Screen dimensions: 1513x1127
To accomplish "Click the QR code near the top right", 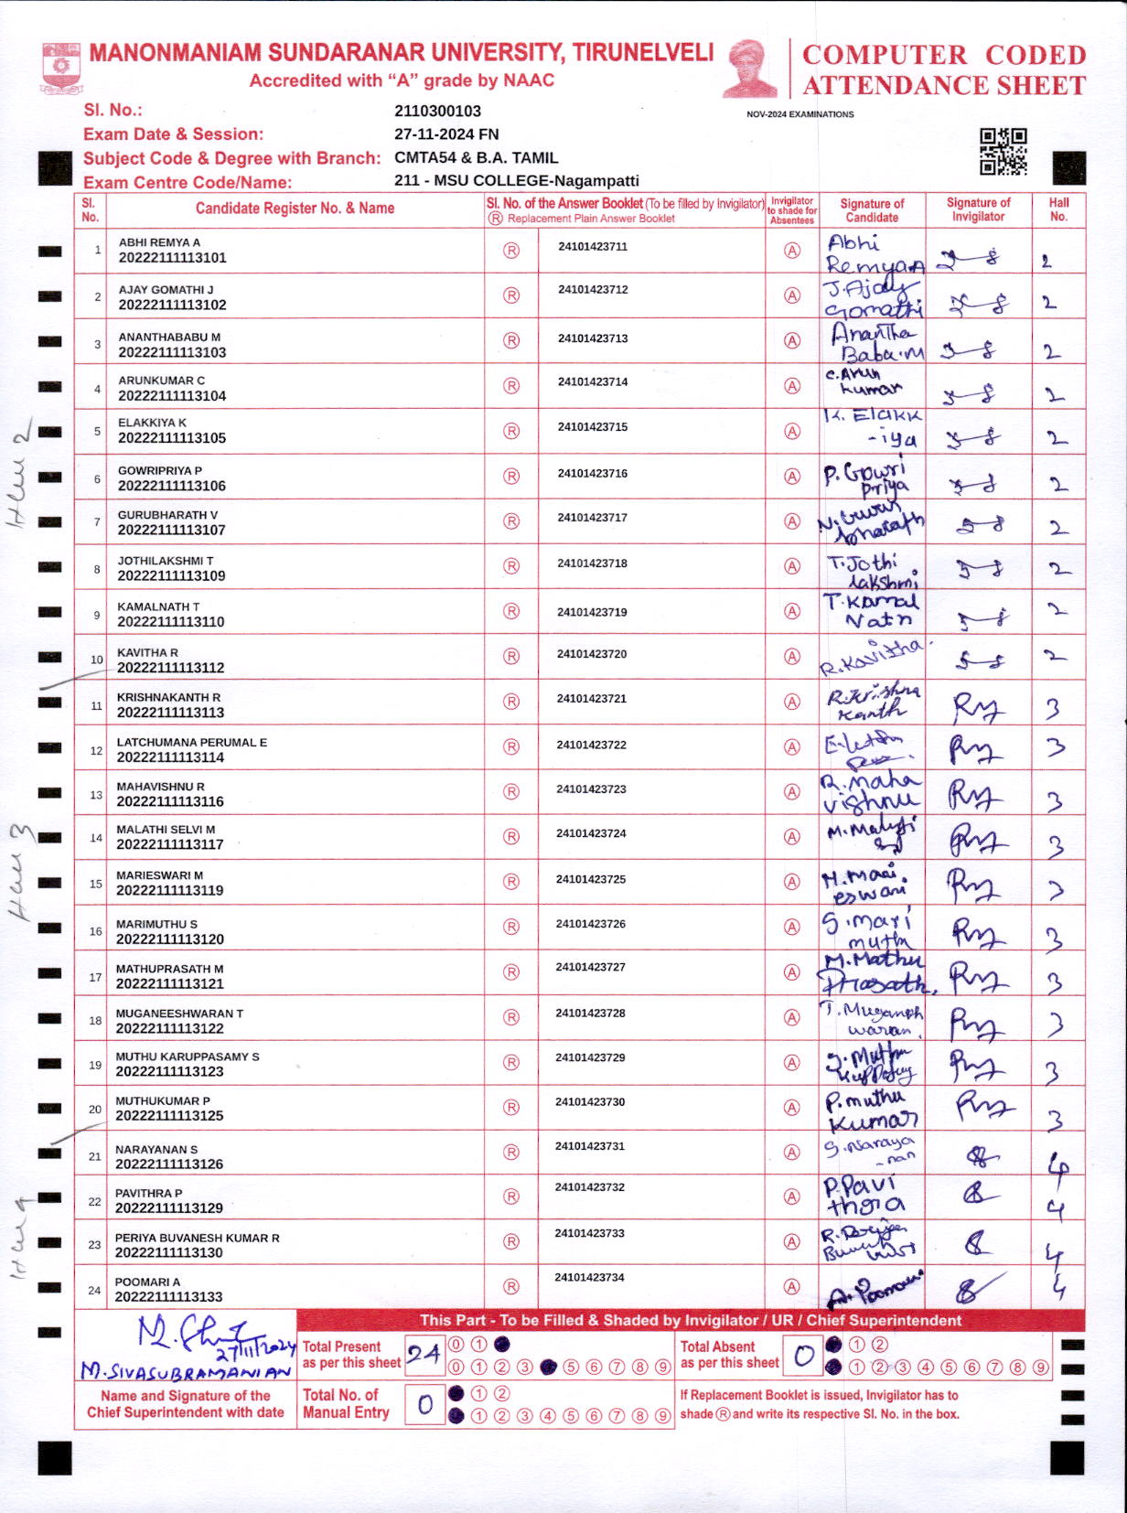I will (x=1003, y=151).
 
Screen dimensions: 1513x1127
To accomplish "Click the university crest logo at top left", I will (x=61, y=67).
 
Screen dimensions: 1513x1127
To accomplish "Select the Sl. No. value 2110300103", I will (x=437, y=111).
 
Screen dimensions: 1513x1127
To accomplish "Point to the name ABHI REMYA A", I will (x=159, y=242).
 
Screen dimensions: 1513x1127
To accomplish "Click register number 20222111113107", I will (x=172, y=530).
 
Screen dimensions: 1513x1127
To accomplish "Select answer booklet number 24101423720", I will (x=592, y=654).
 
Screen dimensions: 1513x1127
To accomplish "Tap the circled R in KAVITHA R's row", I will (x=511, y=657).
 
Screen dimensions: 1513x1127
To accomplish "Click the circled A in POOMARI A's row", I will (x=792, y=1287).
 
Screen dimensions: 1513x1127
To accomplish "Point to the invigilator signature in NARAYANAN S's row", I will (x=982, y=1157).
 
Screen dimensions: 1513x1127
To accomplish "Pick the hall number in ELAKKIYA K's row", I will (x=1057, y=438).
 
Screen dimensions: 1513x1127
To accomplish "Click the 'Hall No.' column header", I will (x=1058, y=209).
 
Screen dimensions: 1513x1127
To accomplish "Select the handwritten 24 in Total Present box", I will (x=424, y=1355).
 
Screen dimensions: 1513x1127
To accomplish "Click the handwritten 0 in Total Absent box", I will (x=803, y=1356).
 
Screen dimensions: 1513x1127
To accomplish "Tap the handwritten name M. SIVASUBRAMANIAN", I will (x=186, y=1370).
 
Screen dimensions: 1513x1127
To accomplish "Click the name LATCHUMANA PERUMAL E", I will (x=192, y=742).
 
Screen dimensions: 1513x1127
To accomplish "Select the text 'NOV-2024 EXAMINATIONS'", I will (x=800, y=114).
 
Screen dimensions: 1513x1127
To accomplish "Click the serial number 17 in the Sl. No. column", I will (x=95, y=977).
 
